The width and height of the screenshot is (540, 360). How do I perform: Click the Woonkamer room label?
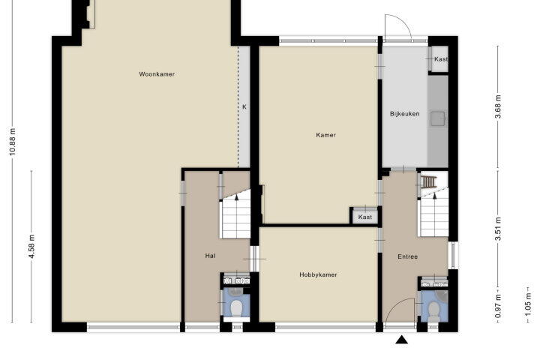pyautogui.click(x=157, y=74)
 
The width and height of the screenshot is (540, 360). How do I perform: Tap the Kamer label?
pyautogui.click(x=325, y=135)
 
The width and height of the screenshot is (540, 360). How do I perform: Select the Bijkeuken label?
pyautogui.click(x=405, y=114)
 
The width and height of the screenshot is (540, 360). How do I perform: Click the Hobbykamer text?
pyautogui.click(x=318, y=275)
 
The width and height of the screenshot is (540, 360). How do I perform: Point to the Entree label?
pyautogui.click(x=408, y=256)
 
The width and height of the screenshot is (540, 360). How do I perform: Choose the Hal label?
pyautogui.click(x=210, y=256)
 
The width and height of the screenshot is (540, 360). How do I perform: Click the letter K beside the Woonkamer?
pyautogui.click(x=244, y=106)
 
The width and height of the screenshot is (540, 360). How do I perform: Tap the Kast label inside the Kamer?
pyautogui.click(x=365, y=217)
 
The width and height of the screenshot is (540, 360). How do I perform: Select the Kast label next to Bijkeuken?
pyautogui.click(x=441, y=59)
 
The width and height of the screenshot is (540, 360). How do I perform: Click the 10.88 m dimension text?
pyautogui.click(x=13, y=142)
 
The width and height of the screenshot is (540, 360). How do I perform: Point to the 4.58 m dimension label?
pyautogui.click(x=31, y=246)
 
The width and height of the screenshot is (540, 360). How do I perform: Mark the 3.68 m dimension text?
pyautogui.click(x=498, y=106)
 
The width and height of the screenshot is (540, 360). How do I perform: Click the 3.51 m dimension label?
pyautogui.click(x=498, y=229)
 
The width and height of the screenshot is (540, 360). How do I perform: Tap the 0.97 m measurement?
pyautogui.click(x=498, y=307)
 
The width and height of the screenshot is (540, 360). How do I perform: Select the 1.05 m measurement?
pyautogui.click(x=528, y=304)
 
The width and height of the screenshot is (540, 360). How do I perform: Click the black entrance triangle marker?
pyautogui.click(x=401, y=340)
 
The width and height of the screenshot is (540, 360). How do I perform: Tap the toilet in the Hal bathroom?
pyautogui.click(x=236, y=308)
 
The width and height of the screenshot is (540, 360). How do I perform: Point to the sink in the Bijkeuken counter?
pyautogui.click(x=438, y=118)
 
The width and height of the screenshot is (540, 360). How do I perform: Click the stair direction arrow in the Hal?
pyautogui.click(x=236, y=196)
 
